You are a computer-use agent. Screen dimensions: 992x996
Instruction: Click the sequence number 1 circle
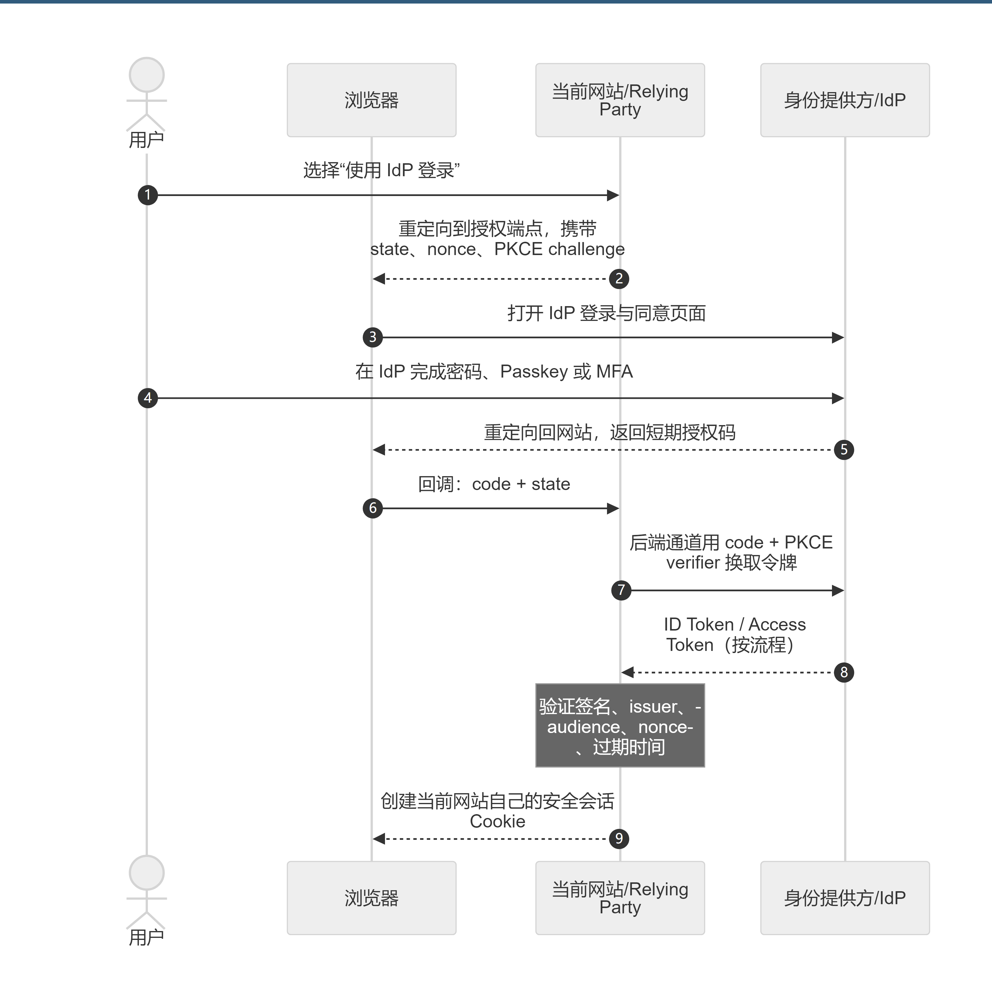(147, 195)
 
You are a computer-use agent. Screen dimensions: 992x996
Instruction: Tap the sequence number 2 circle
(619, 279)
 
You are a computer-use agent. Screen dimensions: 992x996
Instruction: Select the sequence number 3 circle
(373, 337)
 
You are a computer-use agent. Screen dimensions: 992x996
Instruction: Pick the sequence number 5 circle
(844, 450)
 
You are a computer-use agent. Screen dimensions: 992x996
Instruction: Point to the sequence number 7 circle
(621, 590)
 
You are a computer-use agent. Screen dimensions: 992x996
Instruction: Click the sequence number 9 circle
(619, 839)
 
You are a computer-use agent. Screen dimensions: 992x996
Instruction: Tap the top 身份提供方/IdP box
(845, 100)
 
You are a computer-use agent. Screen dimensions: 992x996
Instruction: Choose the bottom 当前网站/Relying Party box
(620, 898)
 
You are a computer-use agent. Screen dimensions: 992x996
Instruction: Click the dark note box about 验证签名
(620, 725)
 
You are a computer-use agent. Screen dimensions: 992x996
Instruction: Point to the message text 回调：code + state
(494, 484)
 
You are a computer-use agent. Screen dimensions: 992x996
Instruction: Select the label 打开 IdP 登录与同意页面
(606, 313)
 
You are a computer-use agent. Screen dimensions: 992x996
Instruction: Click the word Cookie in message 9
(497, 821)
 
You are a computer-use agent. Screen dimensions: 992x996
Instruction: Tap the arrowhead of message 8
(627, 672)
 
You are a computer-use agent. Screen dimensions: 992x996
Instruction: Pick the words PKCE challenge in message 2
(559, 249)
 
